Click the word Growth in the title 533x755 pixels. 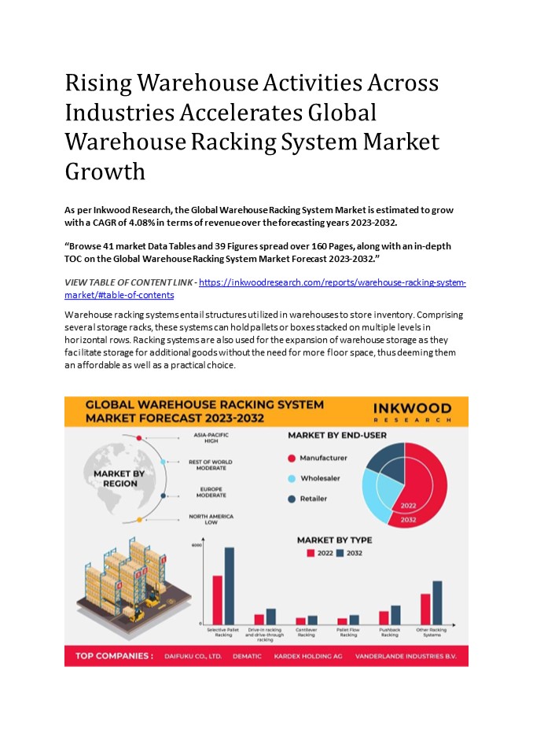[x=105, y=171]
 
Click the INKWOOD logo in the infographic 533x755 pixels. [x=413, y=411]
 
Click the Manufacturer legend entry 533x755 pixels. [x=322, y=458]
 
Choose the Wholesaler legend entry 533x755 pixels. [x=319, y=478]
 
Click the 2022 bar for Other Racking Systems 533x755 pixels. [x=425, y=609]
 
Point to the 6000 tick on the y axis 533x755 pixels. [x=197, y=545]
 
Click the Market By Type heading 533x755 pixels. [x=334, y=540]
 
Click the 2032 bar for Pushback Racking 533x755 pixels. [x=395, y=614]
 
